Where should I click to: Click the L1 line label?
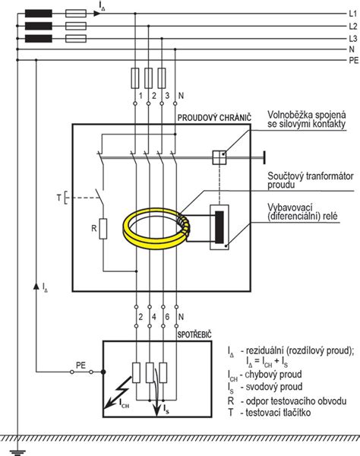click(352, 14)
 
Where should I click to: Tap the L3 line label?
click(352, 39)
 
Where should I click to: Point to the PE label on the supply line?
click(354, 61)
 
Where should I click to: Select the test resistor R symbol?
click(103, 229)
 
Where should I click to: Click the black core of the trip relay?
click(219, 227)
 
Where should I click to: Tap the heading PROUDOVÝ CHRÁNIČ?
click(214, 118)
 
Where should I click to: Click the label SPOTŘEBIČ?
click(194, 334)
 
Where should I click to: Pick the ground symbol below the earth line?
click(17, 452)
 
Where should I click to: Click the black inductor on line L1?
click(39, 14)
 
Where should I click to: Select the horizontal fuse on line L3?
click(76, 39)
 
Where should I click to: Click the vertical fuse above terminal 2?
click(148, 78)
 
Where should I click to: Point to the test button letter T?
click(59, 198)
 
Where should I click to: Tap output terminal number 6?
click(167, 317)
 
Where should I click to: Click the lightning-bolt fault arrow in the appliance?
click(118, 392)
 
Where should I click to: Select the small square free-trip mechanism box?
click(219, 157)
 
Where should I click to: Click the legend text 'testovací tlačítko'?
click(278, 413)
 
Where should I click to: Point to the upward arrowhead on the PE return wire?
click(36, 286)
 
